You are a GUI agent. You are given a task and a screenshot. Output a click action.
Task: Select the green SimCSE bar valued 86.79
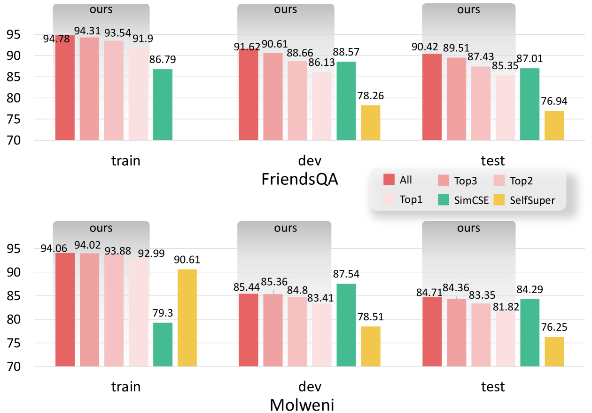[163, 105]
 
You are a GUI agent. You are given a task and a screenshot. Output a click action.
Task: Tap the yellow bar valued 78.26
[371, 123]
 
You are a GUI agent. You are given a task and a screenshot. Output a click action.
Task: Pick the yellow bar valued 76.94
[554, 126]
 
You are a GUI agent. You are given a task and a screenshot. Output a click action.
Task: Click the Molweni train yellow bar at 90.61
[187, 318]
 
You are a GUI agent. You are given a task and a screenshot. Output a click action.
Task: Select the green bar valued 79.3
[163, 344]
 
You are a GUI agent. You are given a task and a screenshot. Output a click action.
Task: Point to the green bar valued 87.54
[346, 325]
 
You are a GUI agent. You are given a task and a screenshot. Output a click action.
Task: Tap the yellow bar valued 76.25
[554, 351]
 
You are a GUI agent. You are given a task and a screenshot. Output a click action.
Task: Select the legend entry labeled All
[398, 180]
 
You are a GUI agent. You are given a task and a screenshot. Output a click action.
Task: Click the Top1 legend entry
[403, 200]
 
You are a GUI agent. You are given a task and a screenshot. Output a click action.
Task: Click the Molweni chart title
[302, 405]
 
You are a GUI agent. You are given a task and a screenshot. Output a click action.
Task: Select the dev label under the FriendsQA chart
[310, 161]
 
